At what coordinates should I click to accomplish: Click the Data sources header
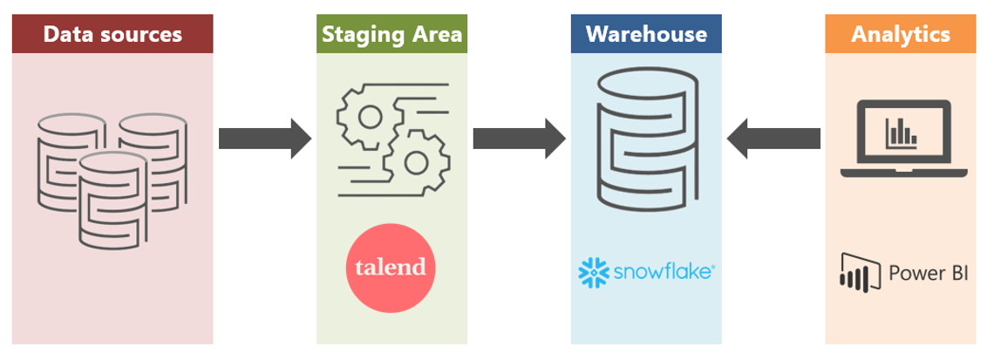112,35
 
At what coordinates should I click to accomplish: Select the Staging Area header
391,35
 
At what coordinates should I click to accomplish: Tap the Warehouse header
646,35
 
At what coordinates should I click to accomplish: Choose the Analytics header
901,35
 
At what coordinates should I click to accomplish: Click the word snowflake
662,272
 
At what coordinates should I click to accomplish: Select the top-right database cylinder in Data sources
153,144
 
